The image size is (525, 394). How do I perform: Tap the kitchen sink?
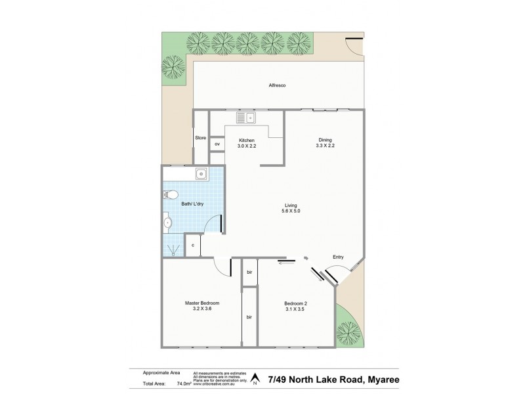click(247, 119)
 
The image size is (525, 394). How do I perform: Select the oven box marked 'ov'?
click(217, 144)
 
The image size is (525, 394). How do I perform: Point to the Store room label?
click(200, 138)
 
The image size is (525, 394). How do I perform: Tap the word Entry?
click(338, 257)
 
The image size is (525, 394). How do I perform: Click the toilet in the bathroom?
click(171, 194)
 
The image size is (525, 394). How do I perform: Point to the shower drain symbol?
click(173, 249)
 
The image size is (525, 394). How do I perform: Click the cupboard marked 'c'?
click(193, 246)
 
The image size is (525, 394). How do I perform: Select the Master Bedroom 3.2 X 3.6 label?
click(201, 306)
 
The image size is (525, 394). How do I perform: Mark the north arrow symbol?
click(254, 380)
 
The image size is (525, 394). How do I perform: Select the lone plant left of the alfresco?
click(175, 66)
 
